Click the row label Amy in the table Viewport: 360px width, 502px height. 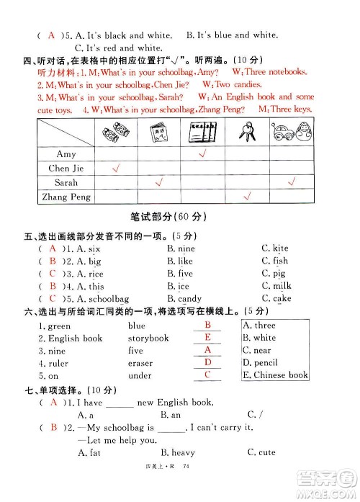coord(66,154)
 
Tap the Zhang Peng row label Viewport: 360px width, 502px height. coord(67,197)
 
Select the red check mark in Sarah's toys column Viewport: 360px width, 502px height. coord(292,183)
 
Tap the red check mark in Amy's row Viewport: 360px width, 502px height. coord(203,153)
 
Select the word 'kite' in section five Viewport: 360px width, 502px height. coord(280,248)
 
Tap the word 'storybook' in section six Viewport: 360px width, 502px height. coord(148,338)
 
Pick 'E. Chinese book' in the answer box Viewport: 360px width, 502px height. coord(275,375)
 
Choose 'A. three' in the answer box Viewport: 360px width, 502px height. coord(259,326)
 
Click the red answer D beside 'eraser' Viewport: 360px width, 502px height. coord(207,362)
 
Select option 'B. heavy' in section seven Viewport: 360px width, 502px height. coord(178,452)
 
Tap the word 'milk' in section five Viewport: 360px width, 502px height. coord(282,286)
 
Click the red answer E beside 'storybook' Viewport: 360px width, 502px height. coord(207,337)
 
